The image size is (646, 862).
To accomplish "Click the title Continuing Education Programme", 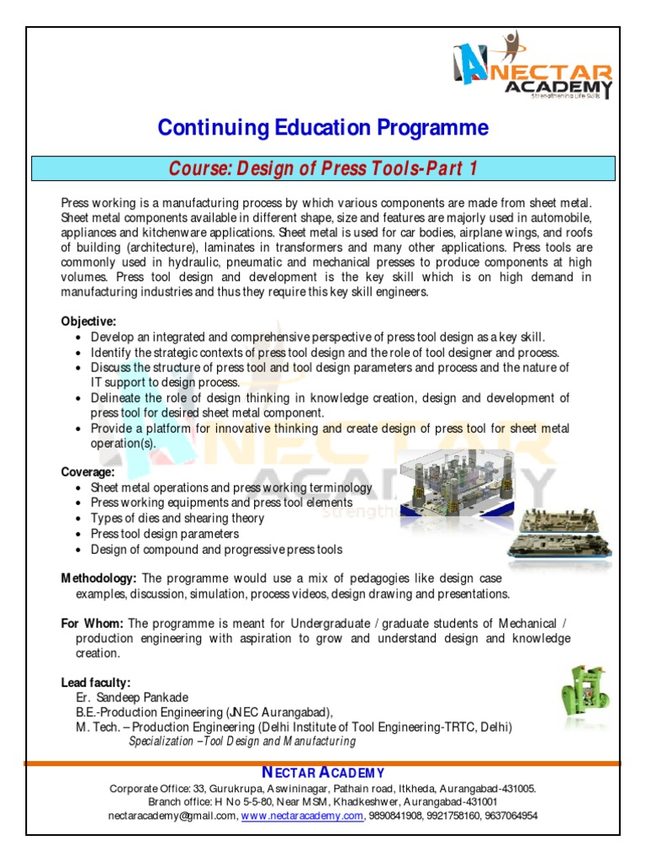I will [323, 128].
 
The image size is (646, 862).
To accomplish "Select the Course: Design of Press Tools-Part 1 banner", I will [323, 168].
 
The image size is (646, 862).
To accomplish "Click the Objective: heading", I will [88, 322].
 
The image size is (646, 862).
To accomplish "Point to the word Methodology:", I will [99, 579].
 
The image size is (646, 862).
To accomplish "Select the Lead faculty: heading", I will [96, 682].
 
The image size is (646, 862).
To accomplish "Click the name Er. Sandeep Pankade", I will [132, 697].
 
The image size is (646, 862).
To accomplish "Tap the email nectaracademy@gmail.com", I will [172, 816].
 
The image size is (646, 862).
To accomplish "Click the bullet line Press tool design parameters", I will [165, 534].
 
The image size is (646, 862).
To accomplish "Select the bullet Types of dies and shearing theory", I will [177, 519].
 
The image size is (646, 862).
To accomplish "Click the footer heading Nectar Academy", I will [323, 773].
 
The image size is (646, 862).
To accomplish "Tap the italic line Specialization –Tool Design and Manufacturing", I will [242, 742].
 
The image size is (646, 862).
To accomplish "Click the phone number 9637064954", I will [508, 816].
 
